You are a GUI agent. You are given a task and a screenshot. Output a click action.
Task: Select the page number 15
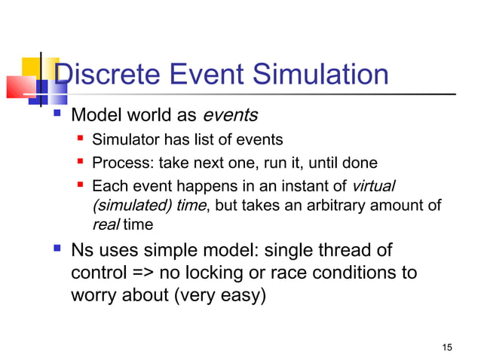pos(448,346)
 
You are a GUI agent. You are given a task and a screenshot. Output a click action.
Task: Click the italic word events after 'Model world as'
pos(231,116)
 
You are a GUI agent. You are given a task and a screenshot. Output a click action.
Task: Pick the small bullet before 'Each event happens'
pos(78,185)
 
